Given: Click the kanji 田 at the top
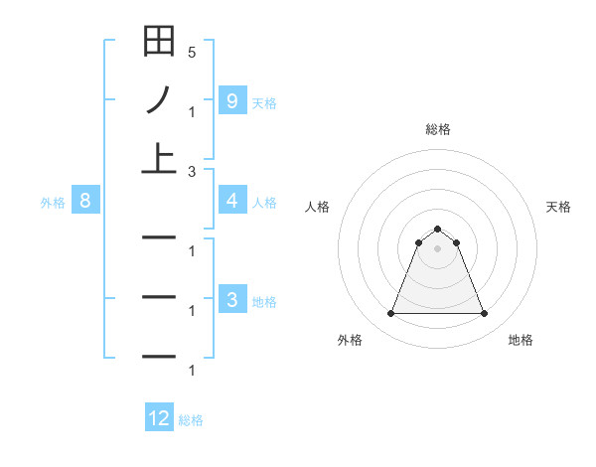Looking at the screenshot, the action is tap(159, 42).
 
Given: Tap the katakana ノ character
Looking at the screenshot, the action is tap(159, 99).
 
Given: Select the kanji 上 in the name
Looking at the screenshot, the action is tap(159, 158).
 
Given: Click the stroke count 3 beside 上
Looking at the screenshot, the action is tap(192, 172).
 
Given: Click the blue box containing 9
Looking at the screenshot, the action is tap(231, 100).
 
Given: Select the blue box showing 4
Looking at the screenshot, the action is tap(231, 201).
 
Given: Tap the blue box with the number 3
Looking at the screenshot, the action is tap(231, 300).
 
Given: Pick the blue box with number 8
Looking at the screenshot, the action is tap(85, 201).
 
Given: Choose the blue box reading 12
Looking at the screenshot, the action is tap(159, 418).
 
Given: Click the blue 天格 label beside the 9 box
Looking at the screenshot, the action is tap(264, 102).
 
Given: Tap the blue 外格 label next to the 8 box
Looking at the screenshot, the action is tap(53, 203).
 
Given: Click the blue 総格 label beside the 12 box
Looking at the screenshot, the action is tap(191, 420).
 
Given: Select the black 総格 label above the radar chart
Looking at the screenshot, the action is tap(438, 129).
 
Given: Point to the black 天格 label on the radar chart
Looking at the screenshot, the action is tap(559, 207).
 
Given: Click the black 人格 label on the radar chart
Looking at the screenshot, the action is tap(317, 207).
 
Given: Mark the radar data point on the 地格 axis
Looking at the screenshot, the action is tap(485, 314).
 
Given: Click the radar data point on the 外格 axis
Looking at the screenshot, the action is tap(390, 314).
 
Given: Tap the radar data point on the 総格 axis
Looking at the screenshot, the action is tap(438, 230).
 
